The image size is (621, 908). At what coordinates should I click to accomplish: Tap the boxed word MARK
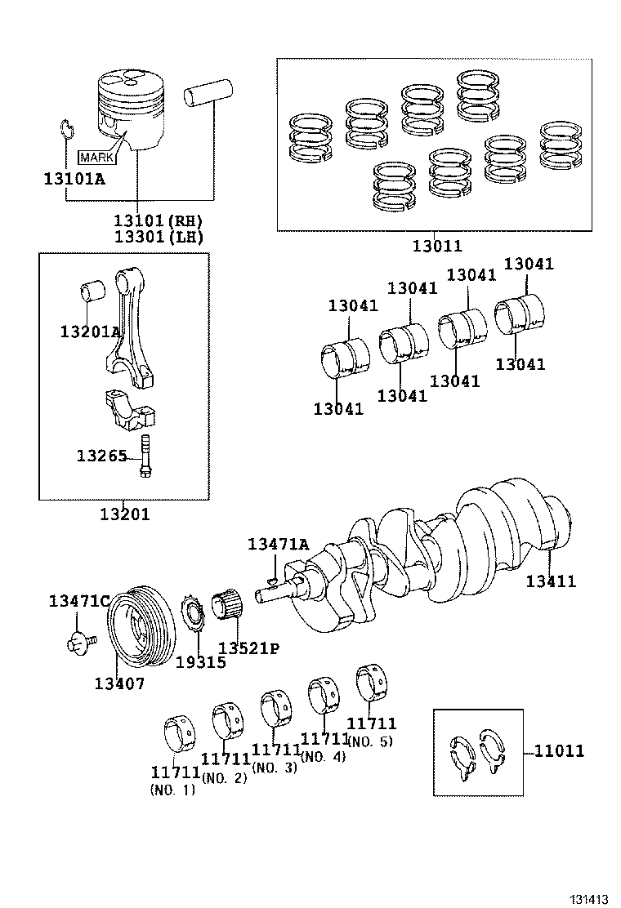click(96, 156)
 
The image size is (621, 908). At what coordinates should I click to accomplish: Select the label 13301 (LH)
click(158, 237)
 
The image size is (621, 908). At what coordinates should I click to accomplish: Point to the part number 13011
click(436, 245)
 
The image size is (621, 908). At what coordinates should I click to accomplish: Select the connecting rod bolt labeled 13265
click(146, 456)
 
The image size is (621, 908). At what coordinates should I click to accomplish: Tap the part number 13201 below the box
click(125, 514)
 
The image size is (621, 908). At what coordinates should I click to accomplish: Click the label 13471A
click(278, 544)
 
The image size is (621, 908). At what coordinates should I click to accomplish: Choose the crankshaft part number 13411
click(551, 581)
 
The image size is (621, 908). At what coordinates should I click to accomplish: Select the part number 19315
click(200, 662)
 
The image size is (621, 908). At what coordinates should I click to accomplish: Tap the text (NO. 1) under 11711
click(172, 790)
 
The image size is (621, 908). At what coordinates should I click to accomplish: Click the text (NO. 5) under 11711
click(371, 742)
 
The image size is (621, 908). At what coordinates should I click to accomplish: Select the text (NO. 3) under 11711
click(274, 768)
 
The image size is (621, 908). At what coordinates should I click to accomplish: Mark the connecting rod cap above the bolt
click(130, 408)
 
